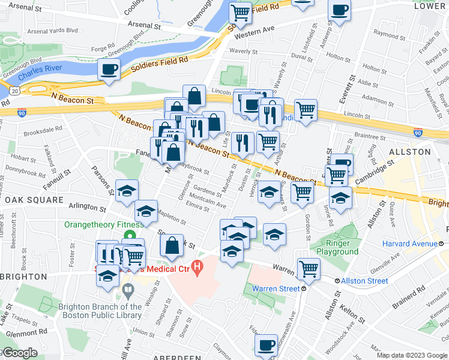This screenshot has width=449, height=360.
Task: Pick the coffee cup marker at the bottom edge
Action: coord(266,345)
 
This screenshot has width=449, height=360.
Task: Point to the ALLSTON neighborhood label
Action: coord(410,152)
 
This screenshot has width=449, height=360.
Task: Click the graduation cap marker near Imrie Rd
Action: coord(340,197)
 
